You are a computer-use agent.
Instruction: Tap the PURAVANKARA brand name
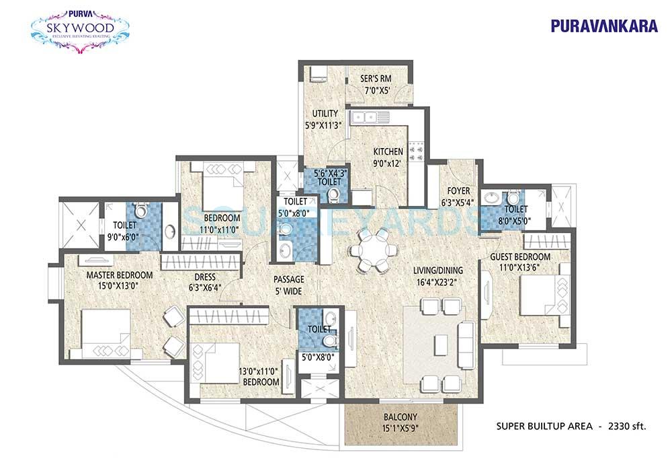(595, 26)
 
